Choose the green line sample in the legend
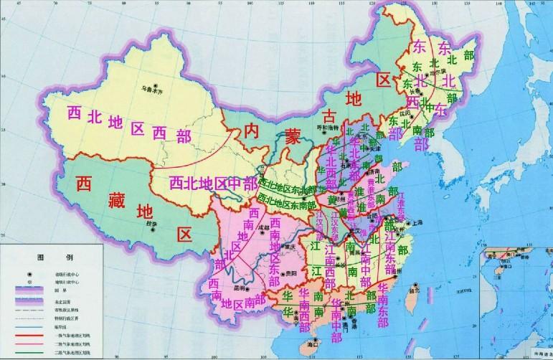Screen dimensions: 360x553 coord(28,352)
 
